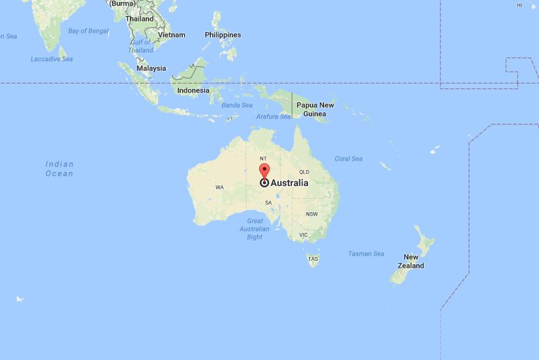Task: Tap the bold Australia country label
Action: (289, 183)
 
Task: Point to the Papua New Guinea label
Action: (315, 110)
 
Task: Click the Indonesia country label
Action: (193, 91)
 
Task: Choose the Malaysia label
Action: (151, 68)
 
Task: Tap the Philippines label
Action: (223, 35)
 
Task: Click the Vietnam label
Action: (171, 35)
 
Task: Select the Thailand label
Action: (139, 19)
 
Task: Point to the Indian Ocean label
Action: (60, 169)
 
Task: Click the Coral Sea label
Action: (348, 159)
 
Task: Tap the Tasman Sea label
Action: (366, 254)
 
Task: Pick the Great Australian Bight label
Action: (254, 229)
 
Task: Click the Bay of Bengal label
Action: (88, 31)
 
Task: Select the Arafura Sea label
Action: (274, 116)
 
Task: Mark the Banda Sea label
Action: (237, 105)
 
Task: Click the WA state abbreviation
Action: (220, 187)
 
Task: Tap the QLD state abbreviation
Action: (304, 171)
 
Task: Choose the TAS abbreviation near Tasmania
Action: (313, 258)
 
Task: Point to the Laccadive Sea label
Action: (52, 59)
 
